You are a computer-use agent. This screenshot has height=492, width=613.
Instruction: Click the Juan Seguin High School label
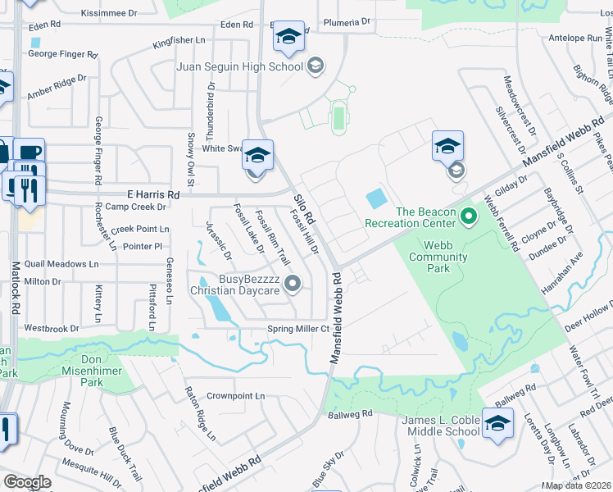point(239,66)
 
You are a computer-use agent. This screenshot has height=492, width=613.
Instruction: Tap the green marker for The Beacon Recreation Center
point(469,217)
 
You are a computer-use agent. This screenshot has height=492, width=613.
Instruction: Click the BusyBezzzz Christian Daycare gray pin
point(292,284)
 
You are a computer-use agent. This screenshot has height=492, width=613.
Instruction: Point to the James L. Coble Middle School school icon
point(497,424)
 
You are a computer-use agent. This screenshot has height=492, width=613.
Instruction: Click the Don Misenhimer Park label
point(103,371)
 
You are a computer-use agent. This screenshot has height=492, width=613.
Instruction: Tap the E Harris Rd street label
point(147,195)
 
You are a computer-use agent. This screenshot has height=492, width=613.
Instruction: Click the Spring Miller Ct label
point(298,330)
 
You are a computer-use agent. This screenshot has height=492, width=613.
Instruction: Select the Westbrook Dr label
point(52,328)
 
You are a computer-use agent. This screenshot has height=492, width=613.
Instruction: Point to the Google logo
point(26,481)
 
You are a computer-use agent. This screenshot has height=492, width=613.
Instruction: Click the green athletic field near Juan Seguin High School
point(338,119)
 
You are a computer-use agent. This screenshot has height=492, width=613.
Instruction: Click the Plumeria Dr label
point(342,22)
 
